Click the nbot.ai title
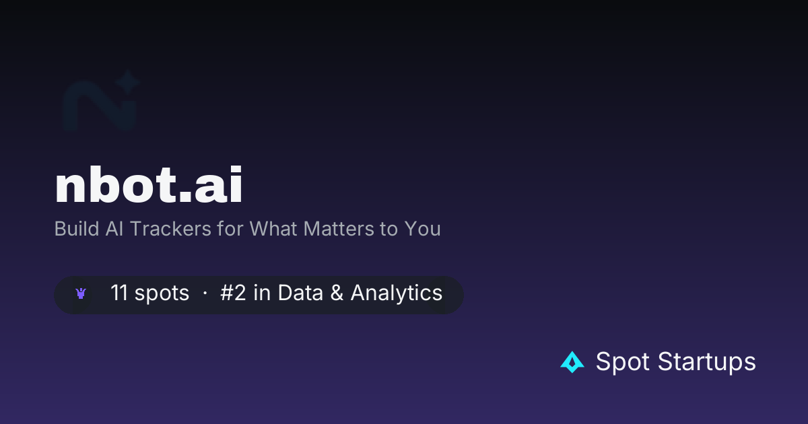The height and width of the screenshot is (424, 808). (x=148, y=185)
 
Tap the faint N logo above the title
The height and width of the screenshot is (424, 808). (x=101, y=102)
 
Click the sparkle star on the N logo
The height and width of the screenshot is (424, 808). (x=127, y=82)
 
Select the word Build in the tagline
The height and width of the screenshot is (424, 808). (x=77, y=229)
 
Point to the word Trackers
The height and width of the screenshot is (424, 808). (x=170, y=229)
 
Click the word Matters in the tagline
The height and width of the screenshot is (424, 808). (x=339, y=229)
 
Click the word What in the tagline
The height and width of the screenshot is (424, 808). (x=273, y=229)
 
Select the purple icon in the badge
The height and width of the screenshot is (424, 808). (x=81, y=293)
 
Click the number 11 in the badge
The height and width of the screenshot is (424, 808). (x=119, y=292)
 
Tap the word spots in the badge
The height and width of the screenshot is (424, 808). (x=162, y=293)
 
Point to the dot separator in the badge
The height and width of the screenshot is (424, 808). (x=205, y=293)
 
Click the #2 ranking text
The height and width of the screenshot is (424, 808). (x=233, y=292)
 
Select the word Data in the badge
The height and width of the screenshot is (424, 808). (x=300, y=292)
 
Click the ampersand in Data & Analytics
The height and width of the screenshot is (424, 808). (x=337, y=292)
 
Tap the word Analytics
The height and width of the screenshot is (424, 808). (x=397, y=293)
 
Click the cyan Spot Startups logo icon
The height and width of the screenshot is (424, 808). (x=572, y=362)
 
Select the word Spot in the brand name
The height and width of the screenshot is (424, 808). (x=623, y=361)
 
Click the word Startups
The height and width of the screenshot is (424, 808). (x=706, y=362)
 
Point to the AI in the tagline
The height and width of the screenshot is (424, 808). (x=114, y=229)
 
